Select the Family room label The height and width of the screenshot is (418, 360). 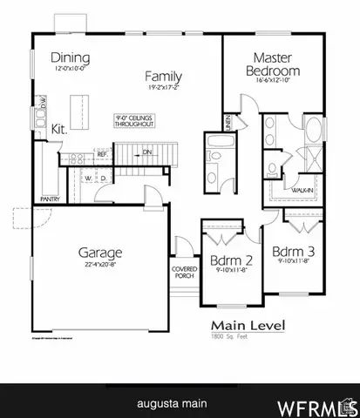coord(164,76)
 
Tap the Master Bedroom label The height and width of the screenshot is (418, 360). coord(273,64)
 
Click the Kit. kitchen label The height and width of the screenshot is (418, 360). coord(59,128)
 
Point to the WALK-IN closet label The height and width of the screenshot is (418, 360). coord(302,189)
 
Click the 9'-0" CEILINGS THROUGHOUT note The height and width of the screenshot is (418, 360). coord(135,121)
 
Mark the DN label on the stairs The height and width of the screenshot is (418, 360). coord(147,152)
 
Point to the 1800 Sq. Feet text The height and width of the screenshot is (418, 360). coord(228,336)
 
